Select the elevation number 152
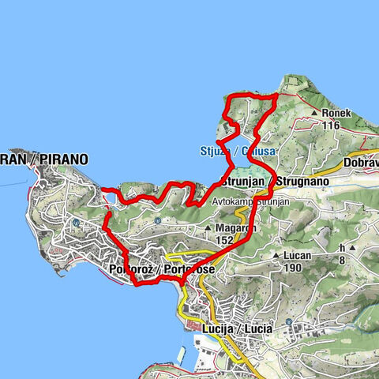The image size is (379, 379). pos(227,240)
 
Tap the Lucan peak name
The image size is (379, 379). pos(298,256)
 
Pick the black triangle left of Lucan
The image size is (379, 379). pos(276,256)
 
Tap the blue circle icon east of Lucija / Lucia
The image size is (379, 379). pos(290,323)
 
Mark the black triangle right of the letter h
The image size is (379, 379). pos(353,248)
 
